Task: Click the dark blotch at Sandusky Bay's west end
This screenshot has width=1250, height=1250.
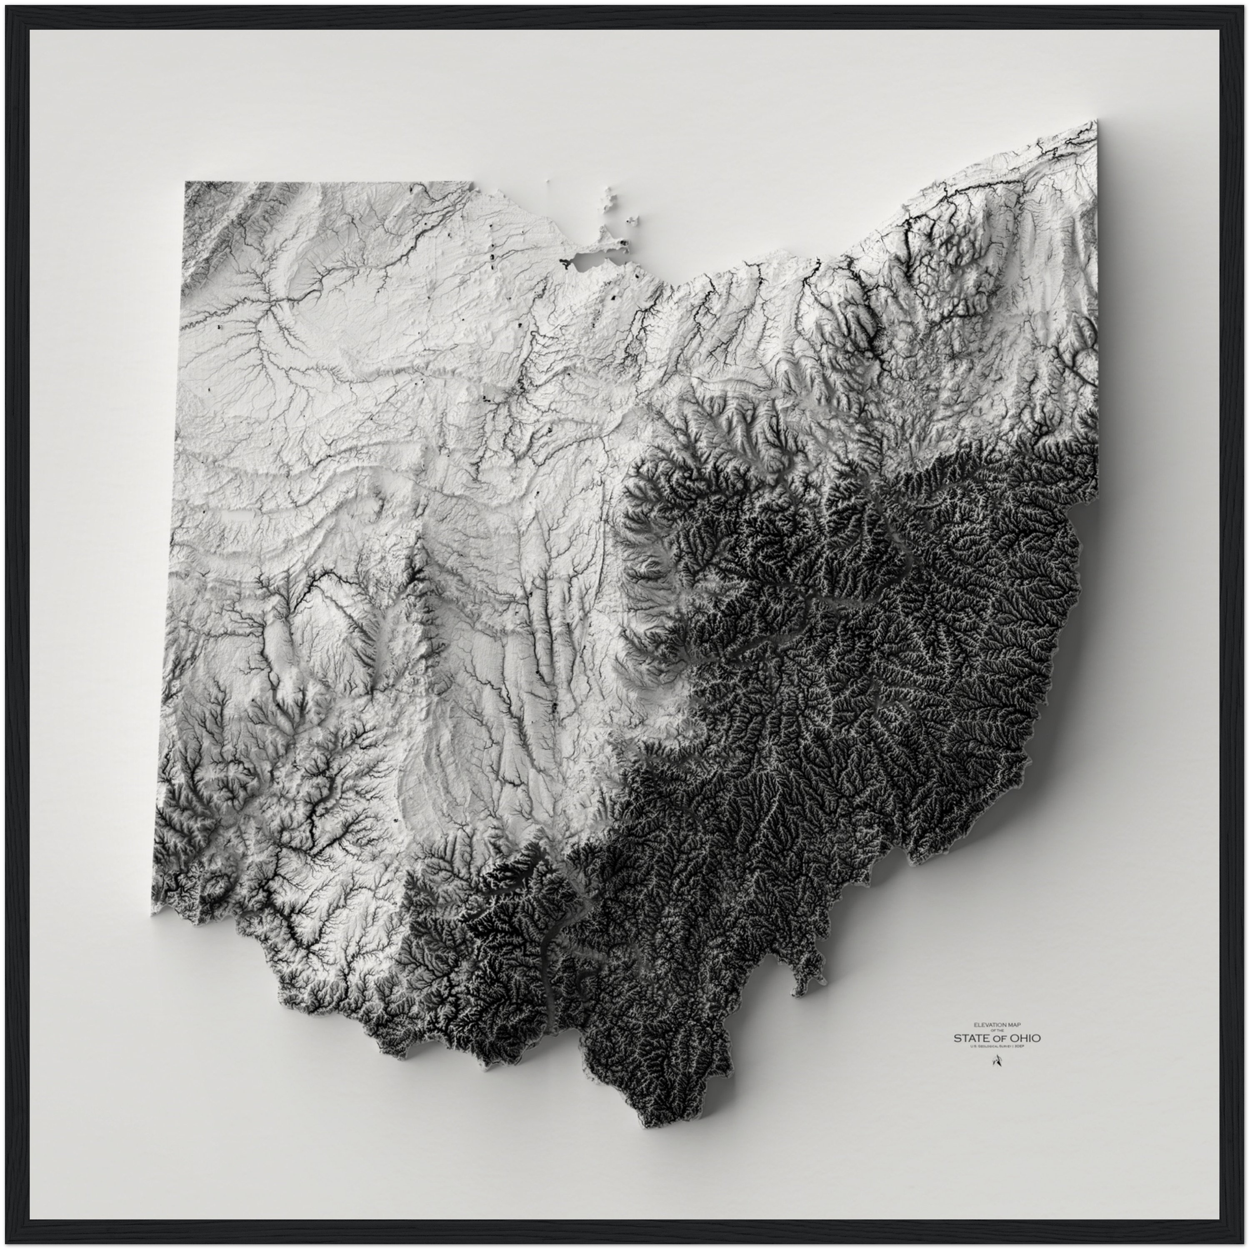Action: coord(564,262)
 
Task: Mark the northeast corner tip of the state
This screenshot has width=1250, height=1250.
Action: coord(1096,121)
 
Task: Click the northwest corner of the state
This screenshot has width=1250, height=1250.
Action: coord(186,183)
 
